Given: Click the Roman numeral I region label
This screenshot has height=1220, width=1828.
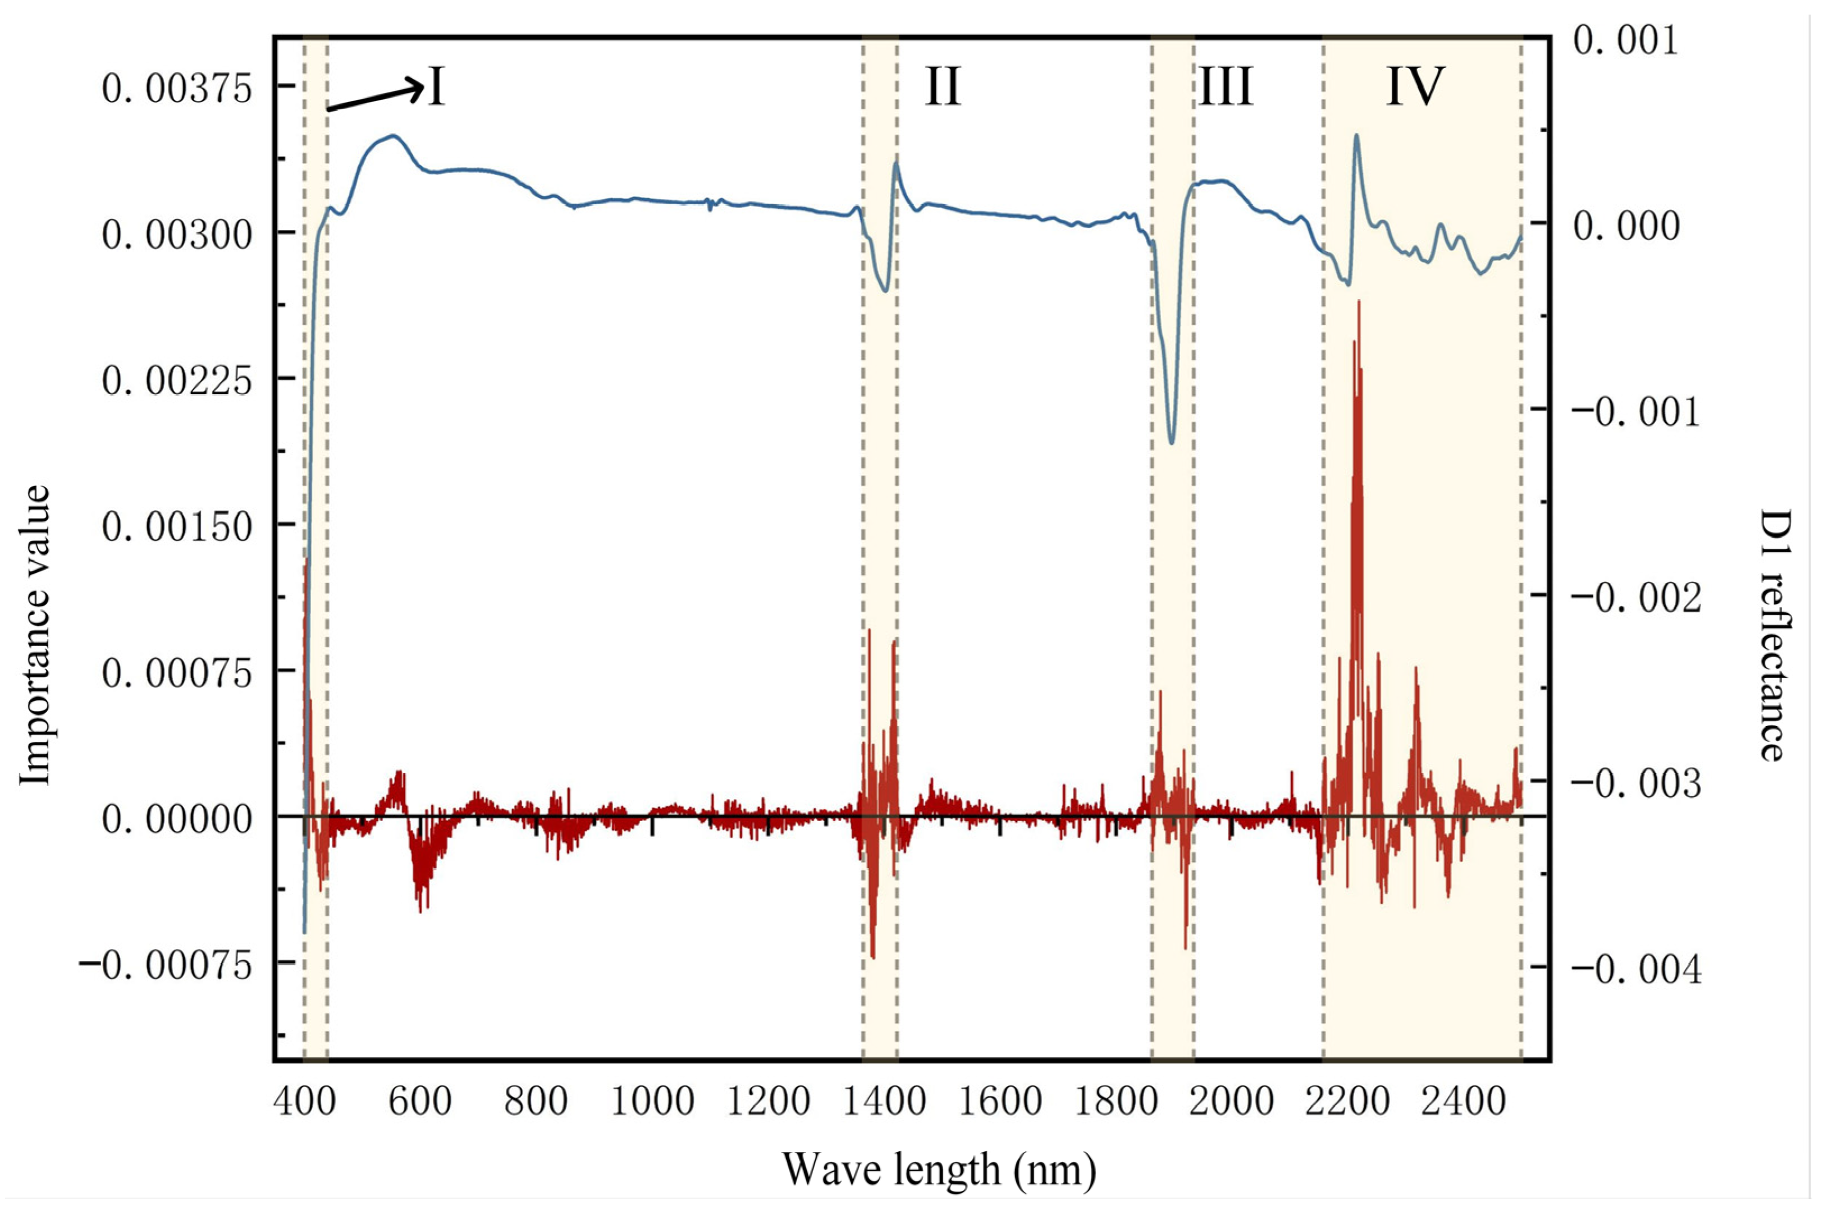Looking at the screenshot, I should pos(436,87).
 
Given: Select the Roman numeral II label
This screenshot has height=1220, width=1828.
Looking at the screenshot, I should pos(943,86).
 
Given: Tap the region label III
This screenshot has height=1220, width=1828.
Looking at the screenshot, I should pos(1225,86).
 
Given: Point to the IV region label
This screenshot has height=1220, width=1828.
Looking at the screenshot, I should pos(1415,86).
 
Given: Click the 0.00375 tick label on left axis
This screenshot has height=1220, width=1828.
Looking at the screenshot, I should pos(177,88).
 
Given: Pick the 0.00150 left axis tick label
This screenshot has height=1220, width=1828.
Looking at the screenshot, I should pos(177,527).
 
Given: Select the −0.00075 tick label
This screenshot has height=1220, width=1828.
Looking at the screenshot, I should pos(166,966).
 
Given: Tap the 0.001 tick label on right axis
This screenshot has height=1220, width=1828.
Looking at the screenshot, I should pos(1625,40).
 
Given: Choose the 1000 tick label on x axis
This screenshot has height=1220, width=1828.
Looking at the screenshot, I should pos(652,1102).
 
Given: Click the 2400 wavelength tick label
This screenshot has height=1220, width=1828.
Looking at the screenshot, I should pos(1463,1102).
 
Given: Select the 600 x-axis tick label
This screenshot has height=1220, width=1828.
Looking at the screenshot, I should pos(421,1102).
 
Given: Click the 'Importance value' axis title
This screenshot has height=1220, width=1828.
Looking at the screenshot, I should pos(35,636).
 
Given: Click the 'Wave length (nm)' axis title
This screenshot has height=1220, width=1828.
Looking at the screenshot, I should pos(939,1169).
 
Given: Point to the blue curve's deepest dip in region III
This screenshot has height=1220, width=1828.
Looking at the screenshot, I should pos(1172,443).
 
